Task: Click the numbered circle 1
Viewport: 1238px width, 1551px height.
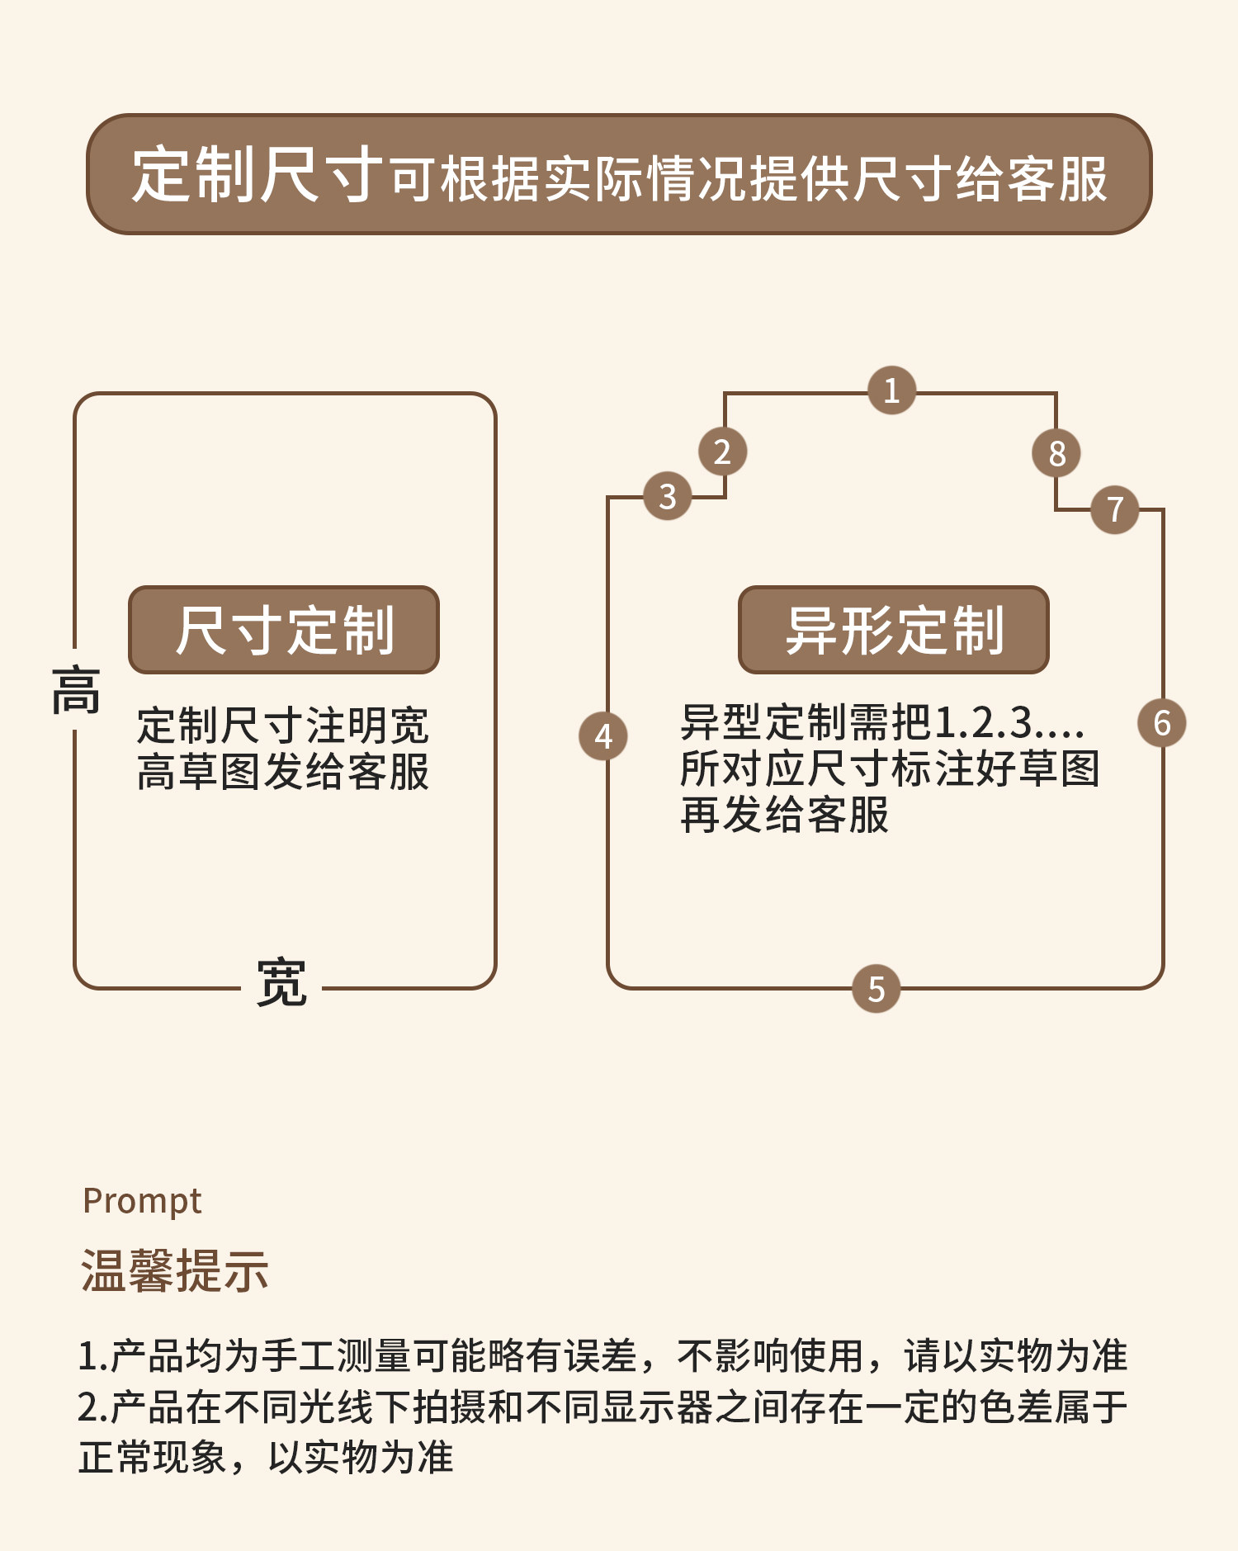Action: [x=891, y=390]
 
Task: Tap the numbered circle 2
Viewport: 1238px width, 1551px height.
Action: [x=722, y=452]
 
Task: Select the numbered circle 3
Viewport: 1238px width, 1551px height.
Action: [x=667, y=496]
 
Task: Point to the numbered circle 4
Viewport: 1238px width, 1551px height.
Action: [x=603, y=736]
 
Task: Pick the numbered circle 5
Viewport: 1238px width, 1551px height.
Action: [x=876, y=988]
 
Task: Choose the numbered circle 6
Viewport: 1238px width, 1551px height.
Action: [x=1162, y=723]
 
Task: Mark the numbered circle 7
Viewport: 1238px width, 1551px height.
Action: [x=1114, y=509]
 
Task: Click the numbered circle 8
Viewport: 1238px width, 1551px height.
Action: [x=1056, y=452]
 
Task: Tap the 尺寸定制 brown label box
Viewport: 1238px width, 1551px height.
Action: [x=284, y=630]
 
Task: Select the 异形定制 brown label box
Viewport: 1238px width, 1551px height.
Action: [x=894, y=630]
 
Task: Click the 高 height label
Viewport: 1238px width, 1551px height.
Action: [x=76, y=690]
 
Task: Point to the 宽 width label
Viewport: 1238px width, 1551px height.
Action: [x=281, y=983]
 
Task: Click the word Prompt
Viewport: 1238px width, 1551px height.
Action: [x=142, y=1202]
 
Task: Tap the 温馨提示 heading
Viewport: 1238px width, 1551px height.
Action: [x=174, y=1270]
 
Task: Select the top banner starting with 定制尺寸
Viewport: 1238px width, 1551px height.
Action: [x=619, y=174]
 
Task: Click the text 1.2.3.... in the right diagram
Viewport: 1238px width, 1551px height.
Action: [x=1009, y=723]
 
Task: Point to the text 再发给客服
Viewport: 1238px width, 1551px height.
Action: [x=784, y=815]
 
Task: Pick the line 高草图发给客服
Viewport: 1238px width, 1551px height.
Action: [x=283, y=772]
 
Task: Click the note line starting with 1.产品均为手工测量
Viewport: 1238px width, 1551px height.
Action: [x=602, y=1356]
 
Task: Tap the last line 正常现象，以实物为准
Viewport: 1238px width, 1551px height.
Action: [x=266, y=1457]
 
